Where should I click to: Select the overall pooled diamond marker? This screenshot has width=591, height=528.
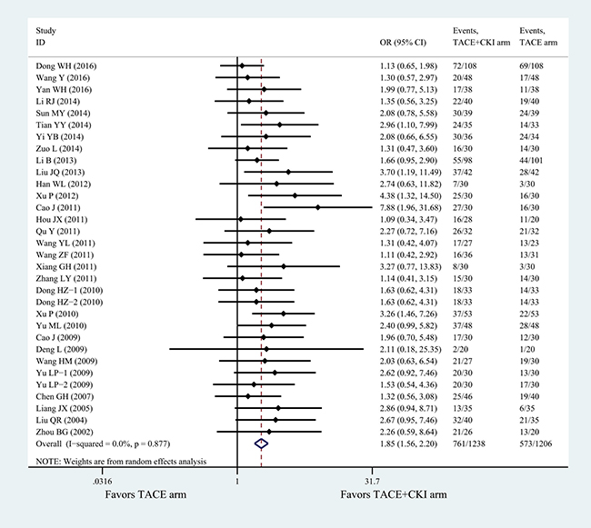260,443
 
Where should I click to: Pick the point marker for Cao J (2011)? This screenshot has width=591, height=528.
317,207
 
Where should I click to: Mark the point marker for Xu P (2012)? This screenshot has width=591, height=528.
295,195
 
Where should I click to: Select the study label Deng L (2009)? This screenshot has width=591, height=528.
61,348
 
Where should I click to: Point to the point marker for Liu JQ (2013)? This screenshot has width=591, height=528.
288,172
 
